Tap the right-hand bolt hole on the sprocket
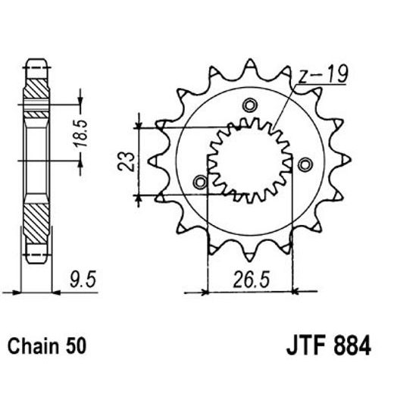[305, 164]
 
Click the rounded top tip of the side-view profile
[36, 61]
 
